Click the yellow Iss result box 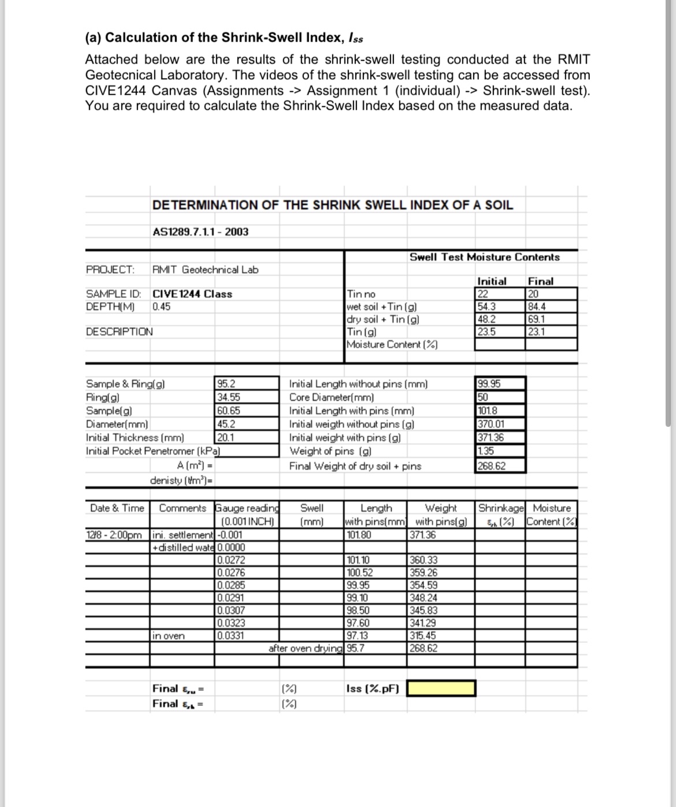click(x=441, y=689)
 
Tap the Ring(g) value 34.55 click(x=229, y=397)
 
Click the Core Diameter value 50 click(x=482, y=397)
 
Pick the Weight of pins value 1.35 click(x=485, y=452)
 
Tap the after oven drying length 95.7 click(x=355, y=648)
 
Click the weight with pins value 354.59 click(x=423, y=585)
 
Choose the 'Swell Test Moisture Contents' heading click(x=484, y=257)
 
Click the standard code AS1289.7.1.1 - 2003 click(x=200, y=232)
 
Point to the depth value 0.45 click(x=161, y=307)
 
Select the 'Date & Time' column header click(x=117, y=508)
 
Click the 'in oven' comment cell click(x=169, y=636)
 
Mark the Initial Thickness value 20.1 click(x=225, y=437)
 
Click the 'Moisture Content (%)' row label click(x=391, y=345)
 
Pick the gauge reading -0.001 click(x=229, y=535)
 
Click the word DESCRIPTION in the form click(x=120, y=332)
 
